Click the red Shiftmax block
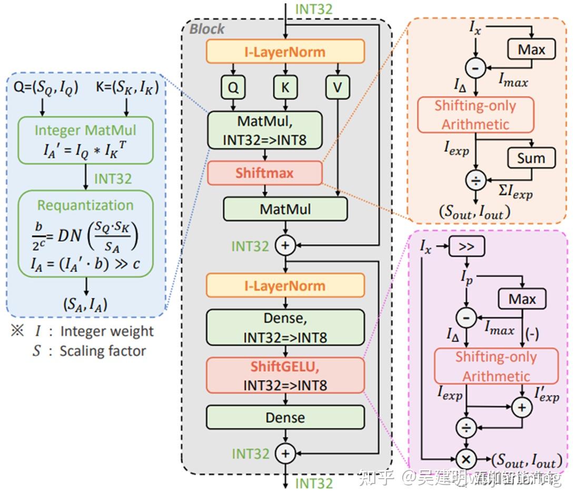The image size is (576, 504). [264, 173]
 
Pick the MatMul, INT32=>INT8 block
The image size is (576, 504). [265, 130]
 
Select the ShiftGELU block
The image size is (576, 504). [285, 375]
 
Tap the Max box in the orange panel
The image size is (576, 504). [531, 50]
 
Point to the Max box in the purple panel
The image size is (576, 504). [522, 299]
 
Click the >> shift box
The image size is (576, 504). [466, 246]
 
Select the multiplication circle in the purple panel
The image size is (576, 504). [466, 458]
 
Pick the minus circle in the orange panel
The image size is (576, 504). [476, 67]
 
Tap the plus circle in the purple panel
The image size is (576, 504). [521, 408]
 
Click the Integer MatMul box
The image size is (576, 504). [85, 140]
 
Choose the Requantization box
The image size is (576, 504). [85, 234]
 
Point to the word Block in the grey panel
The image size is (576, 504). [207, 28]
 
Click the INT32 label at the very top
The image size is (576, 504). [314, 9]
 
